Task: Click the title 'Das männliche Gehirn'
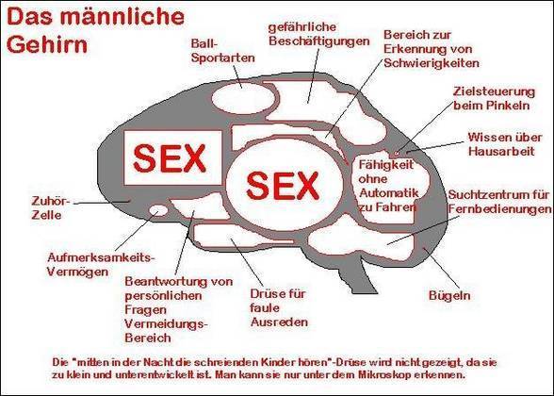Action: click(x=95, y=31)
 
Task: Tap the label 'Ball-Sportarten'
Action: click(x=222, y=51)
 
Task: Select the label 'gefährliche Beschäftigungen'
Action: click(x=319, y=34)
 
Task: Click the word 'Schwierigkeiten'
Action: click(x=432, y=63)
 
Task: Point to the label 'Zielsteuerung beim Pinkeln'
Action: click(x=494, y=98)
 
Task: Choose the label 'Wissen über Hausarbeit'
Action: click(x=505, y=144)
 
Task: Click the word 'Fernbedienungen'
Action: click(x=499, y=209)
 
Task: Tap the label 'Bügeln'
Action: click(x=449, y=296)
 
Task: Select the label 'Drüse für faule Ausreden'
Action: click(x=279, y=308)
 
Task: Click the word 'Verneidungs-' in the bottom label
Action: click(x=165, y=324)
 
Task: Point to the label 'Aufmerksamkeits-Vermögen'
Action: click(x=101, y=264)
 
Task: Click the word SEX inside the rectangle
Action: click(x=170, y=158)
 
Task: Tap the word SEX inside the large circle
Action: click(x=283, y=185)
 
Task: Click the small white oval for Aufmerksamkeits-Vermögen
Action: click(x=158, y=210)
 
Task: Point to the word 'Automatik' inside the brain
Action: click(x=388, y=193)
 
